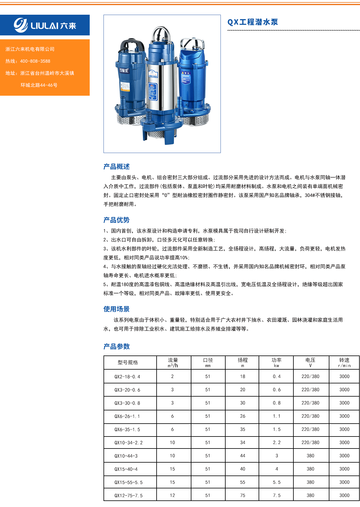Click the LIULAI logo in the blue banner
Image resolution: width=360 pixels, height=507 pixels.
(x=45, y=25)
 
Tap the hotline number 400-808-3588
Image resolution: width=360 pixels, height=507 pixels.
(x=35, y=61)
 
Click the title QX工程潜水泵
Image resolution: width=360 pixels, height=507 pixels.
(x=253, y=22)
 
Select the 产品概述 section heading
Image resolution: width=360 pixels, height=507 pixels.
(x=116, y=166)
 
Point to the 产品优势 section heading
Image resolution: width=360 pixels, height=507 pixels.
(x=116, y=220)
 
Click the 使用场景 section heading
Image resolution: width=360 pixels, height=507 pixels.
(x=116, y=309)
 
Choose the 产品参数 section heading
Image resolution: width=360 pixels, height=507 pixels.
(x=116, y=346)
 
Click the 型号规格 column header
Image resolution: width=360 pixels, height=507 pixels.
(x=127, y=362)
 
